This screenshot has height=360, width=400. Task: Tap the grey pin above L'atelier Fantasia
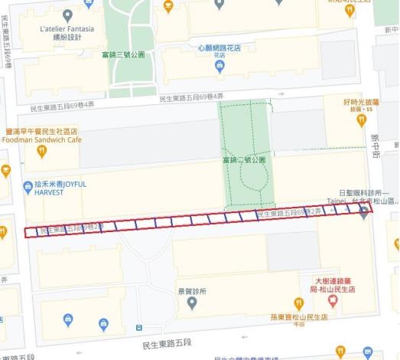pyautogui.click(x=67, y=15)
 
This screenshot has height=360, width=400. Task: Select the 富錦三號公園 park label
pyautogui.click(x=123, y=55)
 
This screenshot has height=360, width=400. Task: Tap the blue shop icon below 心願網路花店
pyautogui.click(x=220, y=67)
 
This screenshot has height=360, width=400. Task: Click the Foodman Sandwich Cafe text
pyautogui.click(x=42, y=140)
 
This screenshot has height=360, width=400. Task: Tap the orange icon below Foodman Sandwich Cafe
pyautogui.click(x=41, y=152)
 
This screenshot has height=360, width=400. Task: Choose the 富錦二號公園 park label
pyautogui.click(x=243, y=160)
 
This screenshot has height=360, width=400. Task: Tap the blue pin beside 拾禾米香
pyautogui.click(x=28, y=185)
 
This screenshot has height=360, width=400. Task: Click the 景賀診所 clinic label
pyautogui.click(x=191, y=292)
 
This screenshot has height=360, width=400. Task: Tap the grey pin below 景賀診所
pyautogui.click(x=191, y=304)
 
